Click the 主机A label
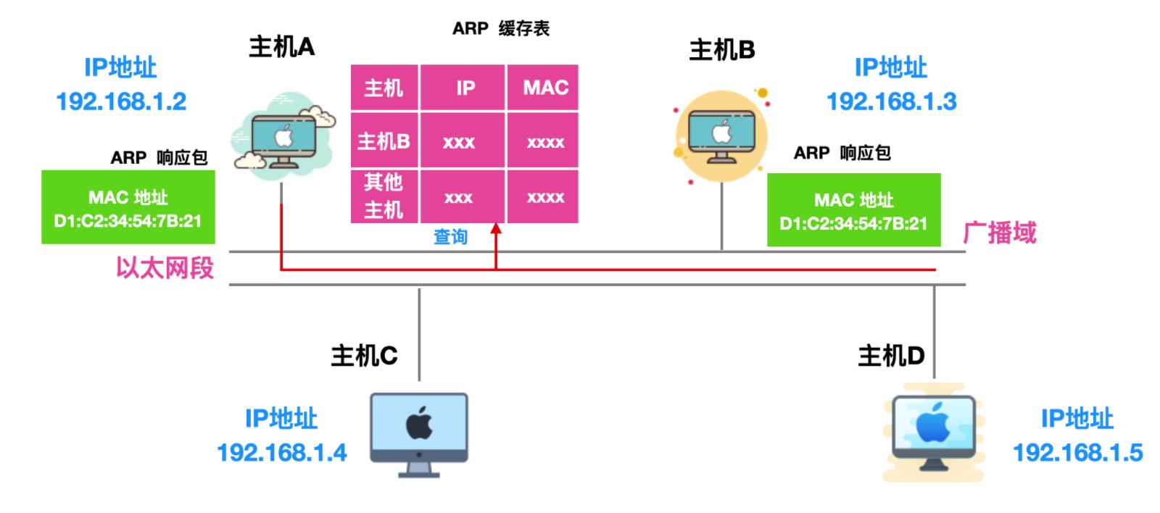click(281, 47)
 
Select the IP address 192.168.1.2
click(121, 101)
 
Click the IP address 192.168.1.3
click(891, 101)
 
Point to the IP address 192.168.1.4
click(282, 453)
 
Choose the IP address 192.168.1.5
click(1077, 453)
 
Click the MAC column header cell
click(545, 88)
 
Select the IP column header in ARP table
click(465, 88)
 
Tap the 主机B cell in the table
click(384, 141)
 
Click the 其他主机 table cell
click(384, 196)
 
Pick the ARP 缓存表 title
click(501, 28)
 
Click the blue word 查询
click(450, 237)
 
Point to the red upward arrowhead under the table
click(496, 230)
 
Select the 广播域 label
click(999, 233)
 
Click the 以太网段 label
click(165, 267)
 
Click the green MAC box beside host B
click(853, 210)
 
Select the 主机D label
click(891, 356)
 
